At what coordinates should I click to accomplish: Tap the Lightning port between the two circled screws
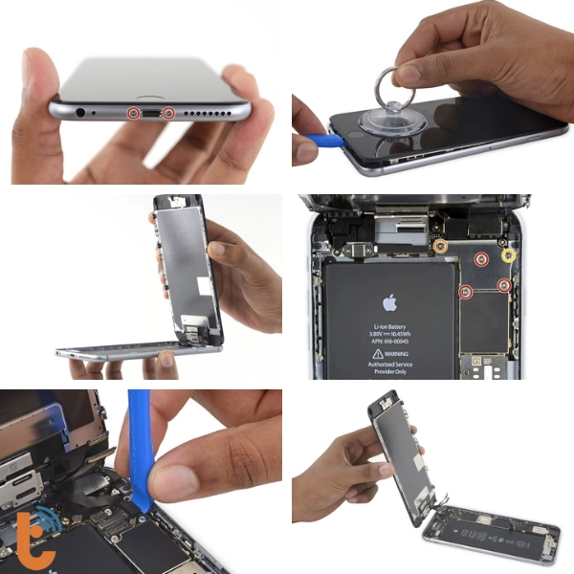(151, 114)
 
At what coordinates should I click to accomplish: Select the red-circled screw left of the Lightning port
(133, 114)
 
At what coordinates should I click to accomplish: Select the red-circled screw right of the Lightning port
(169, 114)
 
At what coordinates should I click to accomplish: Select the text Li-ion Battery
(389, 326)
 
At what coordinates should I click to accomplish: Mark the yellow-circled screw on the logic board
(509, 255)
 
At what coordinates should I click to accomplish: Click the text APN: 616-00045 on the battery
(389, 341)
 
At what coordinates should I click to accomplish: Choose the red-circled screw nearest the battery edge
(466, 292)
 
